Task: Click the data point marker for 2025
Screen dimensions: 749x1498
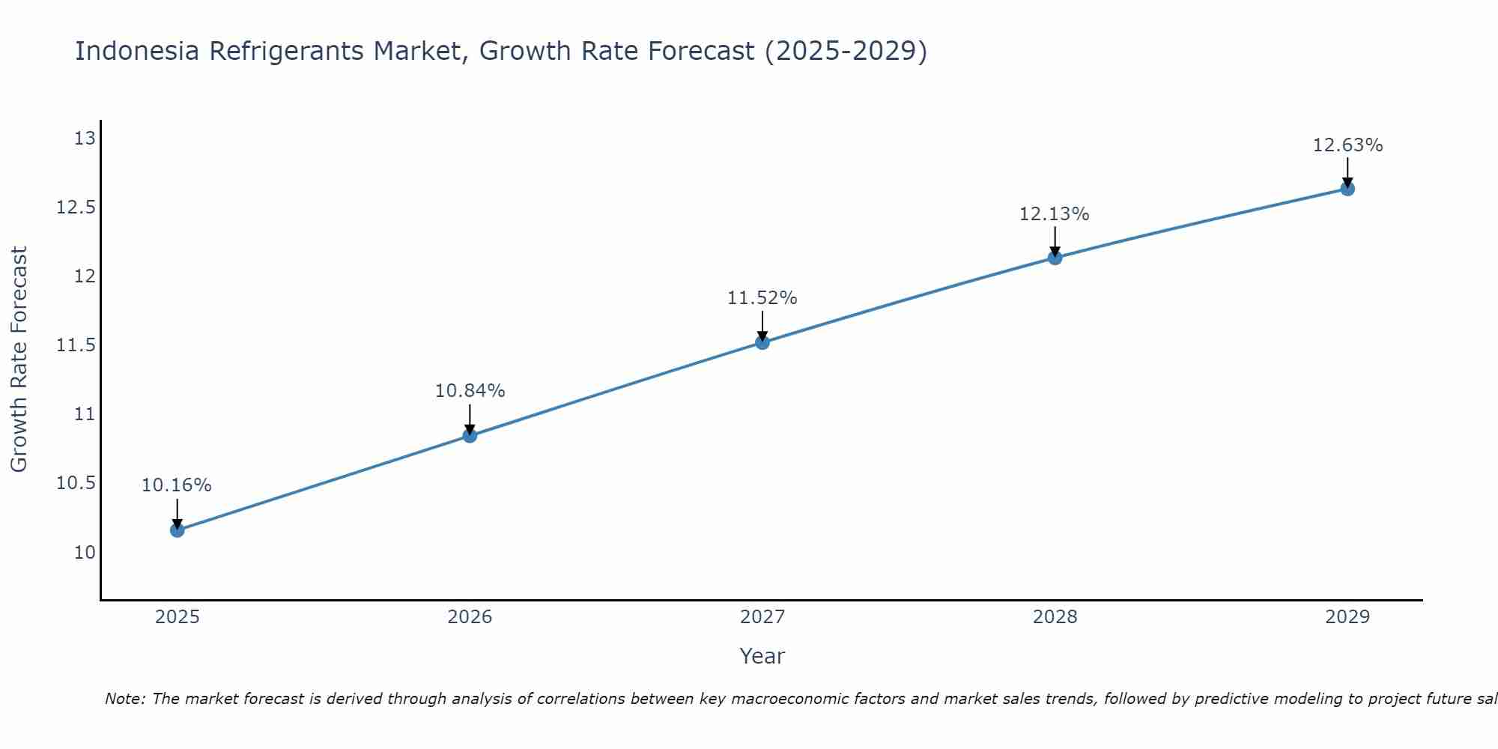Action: [x=178, y=530]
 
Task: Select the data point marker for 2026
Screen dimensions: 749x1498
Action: [x=470, y=436]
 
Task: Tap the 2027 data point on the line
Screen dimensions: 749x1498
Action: [x=762, y=342]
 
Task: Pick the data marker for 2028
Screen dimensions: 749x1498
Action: [x=1055, y=258]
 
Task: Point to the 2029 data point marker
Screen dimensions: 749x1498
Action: [x=1347, y=189]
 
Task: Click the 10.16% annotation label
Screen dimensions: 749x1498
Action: [x=177, y=485]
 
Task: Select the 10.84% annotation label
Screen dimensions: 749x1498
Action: [x=470, y=391]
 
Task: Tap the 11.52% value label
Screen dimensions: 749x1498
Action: [x=762, y=298]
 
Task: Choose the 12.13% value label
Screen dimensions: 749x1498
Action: [x=1054, y=214]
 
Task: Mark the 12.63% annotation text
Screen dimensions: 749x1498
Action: [x=1347, y=145]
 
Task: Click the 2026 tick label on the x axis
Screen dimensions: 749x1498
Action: [x=470, y=617]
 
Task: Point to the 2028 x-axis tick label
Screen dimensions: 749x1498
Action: [x=1055, y=617]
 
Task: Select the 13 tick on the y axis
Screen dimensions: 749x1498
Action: [x=85, y=139]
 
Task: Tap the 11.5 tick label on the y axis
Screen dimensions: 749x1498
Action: [x=76, y=345]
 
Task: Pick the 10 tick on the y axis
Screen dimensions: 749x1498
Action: [x=85, y=553]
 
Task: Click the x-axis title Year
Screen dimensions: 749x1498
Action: [x=762, y=656]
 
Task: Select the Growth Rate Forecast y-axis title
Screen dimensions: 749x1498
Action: [x=19, y=359]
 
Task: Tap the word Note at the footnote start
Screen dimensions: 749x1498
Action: [x=124, y=699]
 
